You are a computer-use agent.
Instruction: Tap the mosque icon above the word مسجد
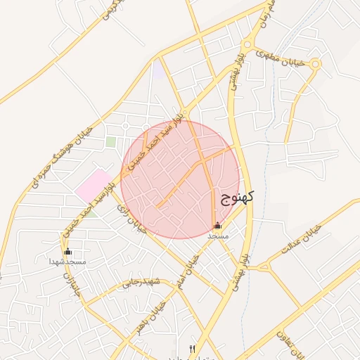coord(217,226)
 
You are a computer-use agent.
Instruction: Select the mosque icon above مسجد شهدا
coord(68,251)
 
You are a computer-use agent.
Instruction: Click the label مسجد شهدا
coord(67,262)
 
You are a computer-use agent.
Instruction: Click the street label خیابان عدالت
coord(301,240)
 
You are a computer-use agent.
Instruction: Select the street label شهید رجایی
coord(141,283)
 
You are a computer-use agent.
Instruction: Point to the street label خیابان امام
coord(193,264)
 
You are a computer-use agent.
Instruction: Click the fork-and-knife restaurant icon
coord(193,349)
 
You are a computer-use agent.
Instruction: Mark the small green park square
coord(111,142)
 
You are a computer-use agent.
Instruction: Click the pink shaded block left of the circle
coord(94,185)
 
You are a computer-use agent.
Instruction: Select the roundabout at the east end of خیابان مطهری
coord(314,65)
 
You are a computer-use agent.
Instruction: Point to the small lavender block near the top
coord(159,71)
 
